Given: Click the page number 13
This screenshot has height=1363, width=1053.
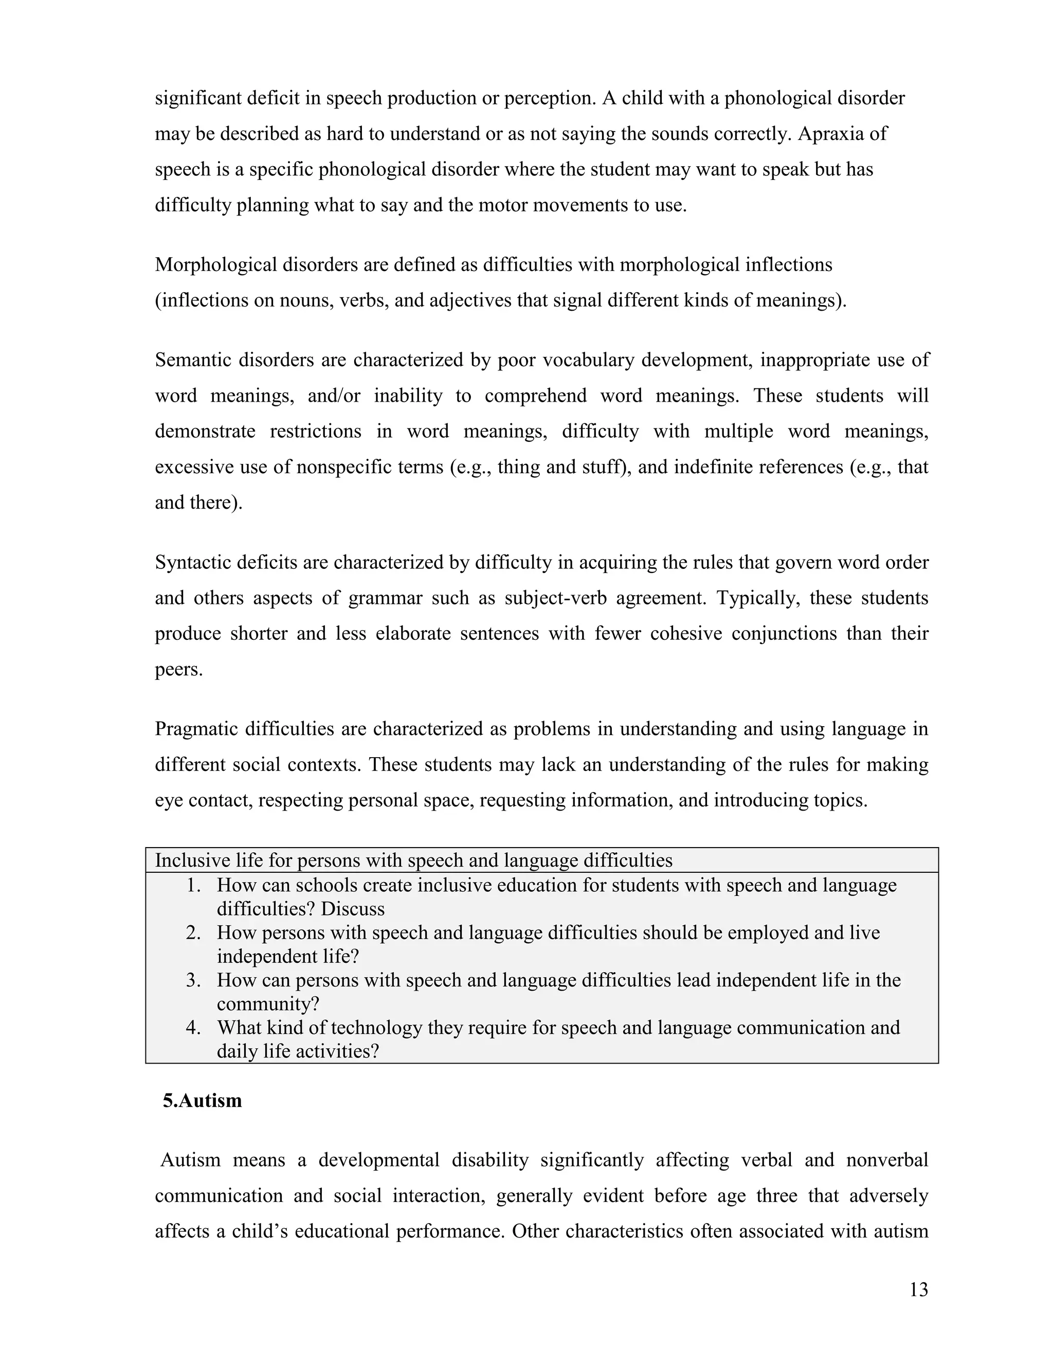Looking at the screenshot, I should (x=918, y=1289).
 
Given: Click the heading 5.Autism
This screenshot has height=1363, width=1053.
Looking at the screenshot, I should (x=202, y=1100).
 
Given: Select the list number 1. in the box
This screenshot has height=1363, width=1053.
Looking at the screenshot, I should (x=193, y=886).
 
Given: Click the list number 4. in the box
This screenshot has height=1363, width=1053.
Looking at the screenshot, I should (x=193, y=1028).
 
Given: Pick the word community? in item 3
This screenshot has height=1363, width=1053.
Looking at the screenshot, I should (x=268, y=1004).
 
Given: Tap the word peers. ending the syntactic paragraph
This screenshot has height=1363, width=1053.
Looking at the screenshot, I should (x=178, y=670).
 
